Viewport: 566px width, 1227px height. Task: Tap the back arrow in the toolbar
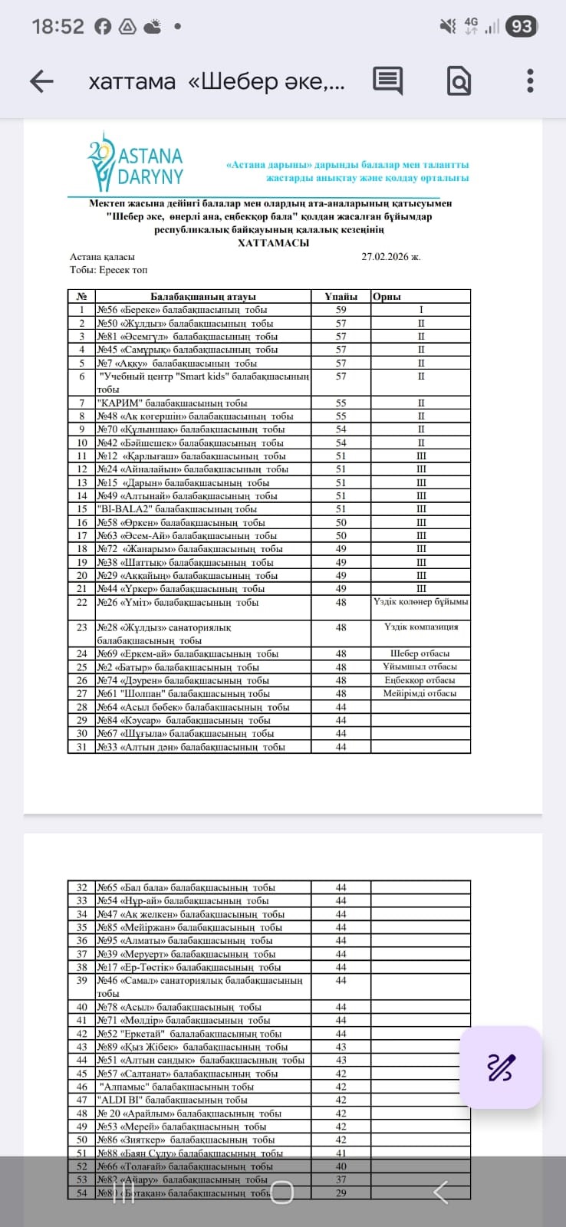pos(41,81)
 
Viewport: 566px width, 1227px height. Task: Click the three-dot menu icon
pos(530,81)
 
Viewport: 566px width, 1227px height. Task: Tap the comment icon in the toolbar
pos(388,81)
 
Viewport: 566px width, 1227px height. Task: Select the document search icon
pos(459,81)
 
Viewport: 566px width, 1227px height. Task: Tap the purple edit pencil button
pos(501,1067)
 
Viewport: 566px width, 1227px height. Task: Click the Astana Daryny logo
pos(137,163)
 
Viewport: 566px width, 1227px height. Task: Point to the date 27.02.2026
pos(390,257)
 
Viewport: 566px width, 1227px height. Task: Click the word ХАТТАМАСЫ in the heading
pos(274,243)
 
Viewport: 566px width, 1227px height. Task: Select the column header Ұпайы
pos(341,297)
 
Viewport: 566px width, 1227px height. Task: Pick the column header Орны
pos(387,297)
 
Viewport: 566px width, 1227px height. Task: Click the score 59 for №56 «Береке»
pos(341,310)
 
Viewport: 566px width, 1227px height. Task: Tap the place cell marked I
pos(420,310)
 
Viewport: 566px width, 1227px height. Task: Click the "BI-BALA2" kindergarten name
pos(176,509)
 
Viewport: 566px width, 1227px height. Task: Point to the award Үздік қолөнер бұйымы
pos(420,602)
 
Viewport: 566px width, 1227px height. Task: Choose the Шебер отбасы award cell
pos(420,653)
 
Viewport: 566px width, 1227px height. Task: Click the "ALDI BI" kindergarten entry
pos(172,1100)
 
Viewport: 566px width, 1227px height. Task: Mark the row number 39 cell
pos(82,981)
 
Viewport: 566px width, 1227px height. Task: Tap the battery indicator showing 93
pos(522,27)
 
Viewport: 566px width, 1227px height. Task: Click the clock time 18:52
pos(58,27)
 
